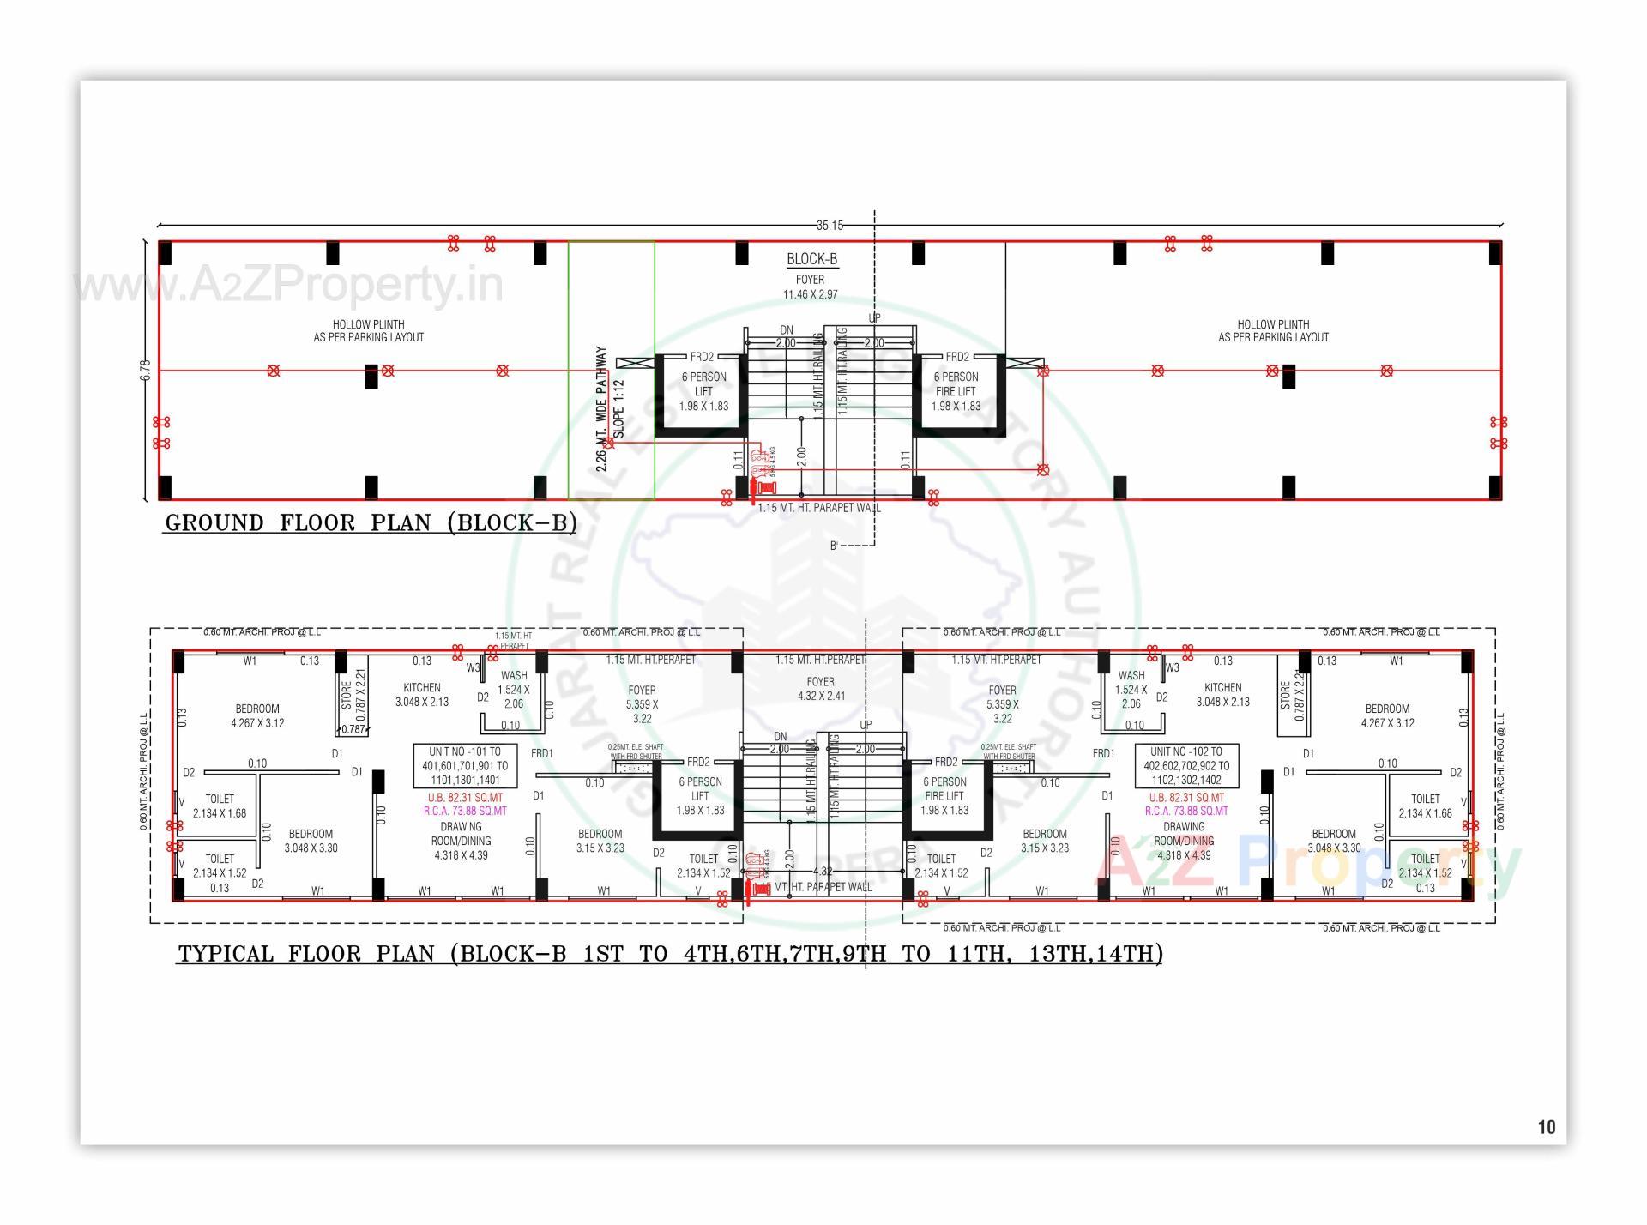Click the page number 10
click(1546, 1127)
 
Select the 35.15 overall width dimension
click(829, 226)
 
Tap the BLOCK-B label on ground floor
click(811, 259)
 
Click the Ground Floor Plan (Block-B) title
click(371, 522)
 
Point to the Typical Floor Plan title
click(669, 954)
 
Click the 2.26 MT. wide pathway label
click(602, 409)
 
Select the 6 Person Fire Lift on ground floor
click(956, 391)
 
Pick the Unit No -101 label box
click(464, 766)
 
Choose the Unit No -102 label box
click(1185, 766)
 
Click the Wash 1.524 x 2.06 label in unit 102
click(1131, 690)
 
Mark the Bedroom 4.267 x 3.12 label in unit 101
click(257, 715)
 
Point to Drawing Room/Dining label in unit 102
click(1184, 841)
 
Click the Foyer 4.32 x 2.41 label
click(821, 689)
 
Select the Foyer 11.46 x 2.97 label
click(810, 287)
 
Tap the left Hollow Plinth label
click(368, 331)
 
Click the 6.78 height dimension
click(145, 370)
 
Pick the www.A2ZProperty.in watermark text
click(289, 285)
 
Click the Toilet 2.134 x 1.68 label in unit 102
click(1425, 806)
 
